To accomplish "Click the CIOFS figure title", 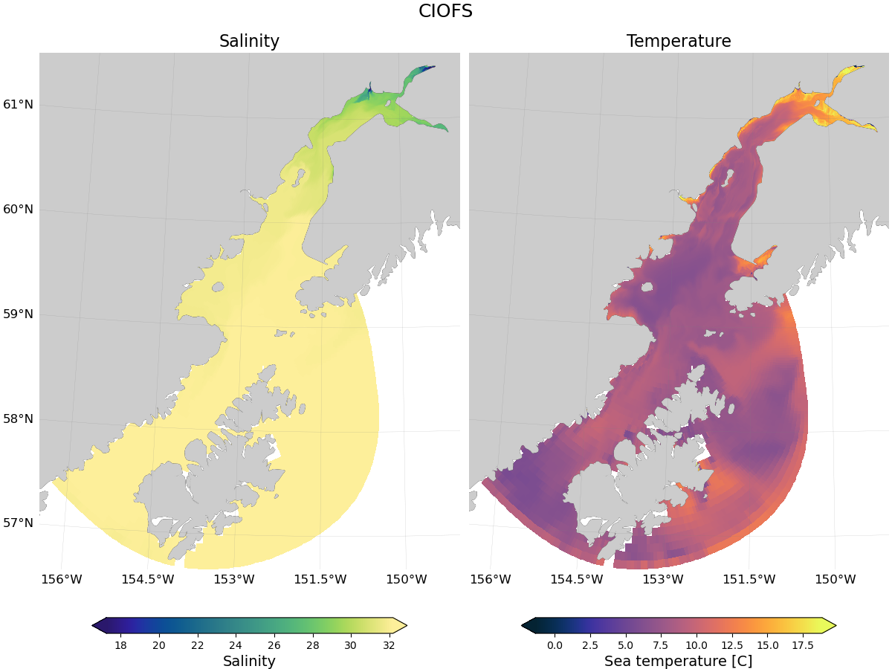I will (445, 11).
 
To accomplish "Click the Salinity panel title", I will (249, 42).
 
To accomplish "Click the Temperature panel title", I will (679, 42).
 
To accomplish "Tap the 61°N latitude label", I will (18, 105).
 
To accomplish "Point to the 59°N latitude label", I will (18, 314).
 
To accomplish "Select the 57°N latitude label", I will (18, 523).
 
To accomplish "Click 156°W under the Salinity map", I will (61, 579).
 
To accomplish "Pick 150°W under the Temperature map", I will (836, 579).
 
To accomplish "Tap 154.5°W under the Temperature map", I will (577, 579).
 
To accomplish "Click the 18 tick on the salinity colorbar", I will (120, 645).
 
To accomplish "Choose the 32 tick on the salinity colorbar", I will (389, 645).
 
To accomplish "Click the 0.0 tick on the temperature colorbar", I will (555, 645).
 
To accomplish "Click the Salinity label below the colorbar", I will (249, 661).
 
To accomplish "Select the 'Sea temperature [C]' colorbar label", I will (679, 661).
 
